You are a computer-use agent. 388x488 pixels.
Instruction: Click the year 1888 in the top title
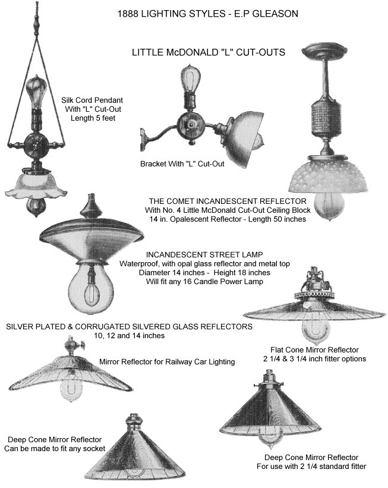tap(128, 14)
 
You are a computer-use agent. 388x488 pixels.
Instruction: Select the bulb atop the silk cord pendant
tap(36, 91)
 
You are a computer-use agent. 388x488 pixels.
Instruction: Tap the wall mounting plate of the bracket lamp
tap(143, 140)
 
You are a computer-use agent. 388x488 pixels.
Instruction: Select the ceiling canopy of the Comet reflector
tap(324, 51)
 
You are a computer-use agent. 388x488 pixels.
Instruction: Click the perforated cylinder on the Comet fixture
tap(325, 119)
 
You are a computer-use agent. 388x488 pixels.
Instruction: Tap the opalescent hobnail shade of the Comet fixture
tap(328, 174)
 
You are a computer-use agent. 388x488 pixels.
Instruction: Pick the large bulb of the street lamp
tap(91, 288)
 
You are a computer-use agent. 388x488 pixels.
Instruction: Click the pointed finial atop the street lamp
tap(91, 206)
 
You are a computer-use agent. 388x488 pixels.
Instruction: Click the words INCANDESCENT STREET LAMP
tap(204, 254)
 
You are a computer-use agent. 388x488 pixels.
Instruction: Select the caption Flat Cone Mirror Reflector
tap(314, 350)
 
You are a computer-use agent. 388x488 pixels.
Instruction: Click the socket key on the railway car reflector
tap(82, 344)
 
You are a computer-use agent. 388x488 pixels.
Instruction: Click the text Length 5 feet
tap(93, 118)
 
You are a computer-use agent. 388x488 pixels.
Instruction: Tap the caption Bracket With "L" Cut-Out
tap(182, 163)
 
